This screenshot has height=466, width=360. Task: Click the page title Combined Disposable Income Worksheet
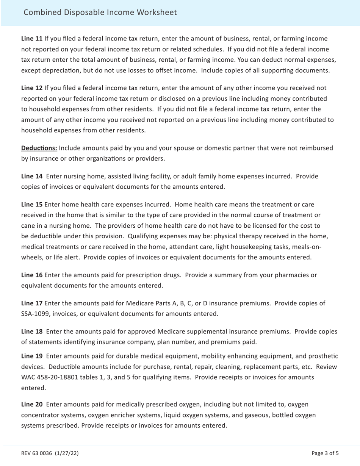[100, 13]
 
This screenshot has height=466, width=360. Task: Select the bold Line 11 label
[32, 39]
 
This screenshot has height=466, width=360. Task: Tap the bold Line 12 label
[32, 88]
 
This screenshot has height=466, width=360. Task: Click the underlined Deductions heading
[39, 148]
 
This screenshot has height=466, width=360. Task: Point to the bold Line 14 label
[32, 177]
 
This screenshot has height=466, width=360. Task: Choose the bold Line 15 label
[32, 205]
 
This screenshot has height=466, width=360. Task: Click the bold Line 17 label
[32, 303]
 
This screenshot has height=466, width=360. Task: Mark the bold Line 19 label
[32, 357]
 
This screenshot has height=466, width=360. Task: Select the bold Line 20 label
[32, 405]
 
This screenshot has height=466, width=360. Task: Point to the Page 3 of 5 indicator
[325, 453]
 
